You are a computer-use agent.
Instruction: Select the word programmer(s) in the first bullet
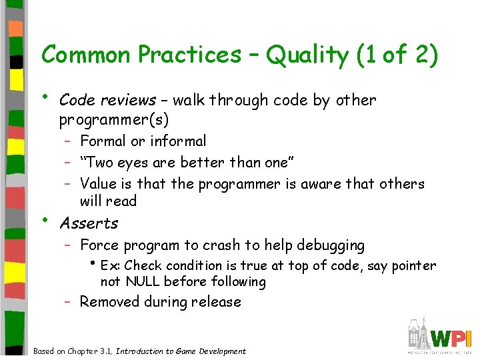tap(114, 120)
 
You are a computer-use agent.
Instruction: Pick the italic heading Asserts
tap(89, 223)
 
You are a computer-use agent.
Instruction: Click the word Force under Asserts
tap(99, 245)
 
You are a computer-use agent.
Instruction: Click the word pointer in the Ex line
tap(413, 266)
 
